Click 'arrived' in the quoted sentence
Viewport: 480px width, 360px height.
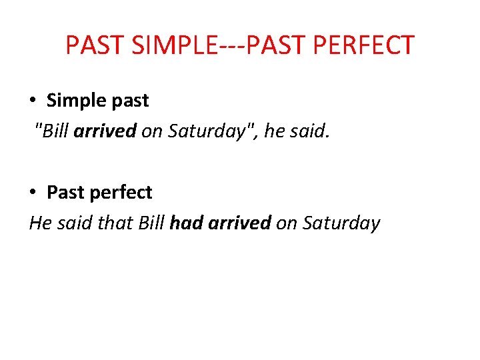[x=105, y=131]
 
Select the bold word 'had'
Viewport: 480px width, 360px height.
[x=187, y=223]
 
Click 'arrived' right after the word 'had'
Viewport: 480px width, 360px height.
[x=239, y=223]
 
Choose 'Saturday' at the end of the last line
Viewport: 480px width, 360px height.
[x=341, y=223]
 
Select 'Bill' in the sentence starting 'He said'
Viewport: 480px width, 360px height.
[x=151, y=223]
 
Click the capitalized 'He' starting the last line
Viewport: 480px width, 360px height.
[x=39, y=223]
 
